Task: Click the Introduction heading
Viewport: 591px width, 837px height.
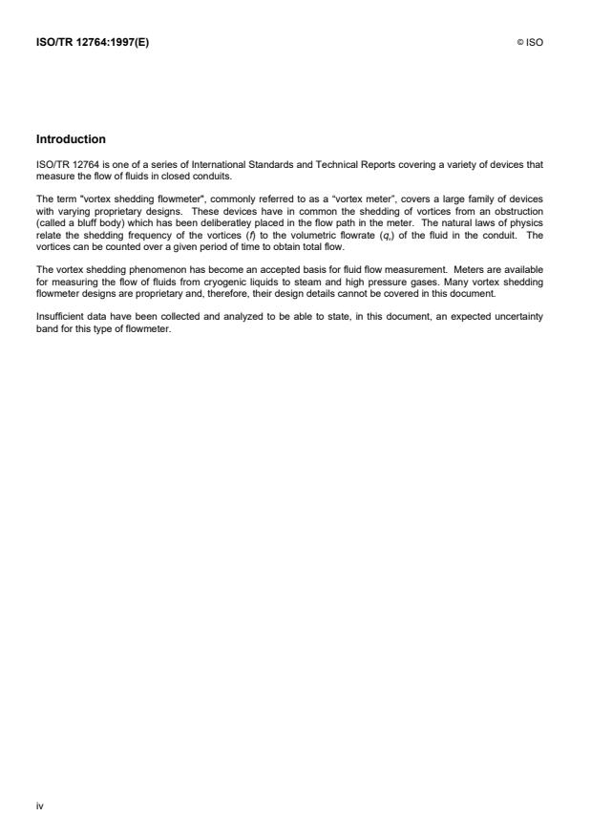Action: click(71, 139)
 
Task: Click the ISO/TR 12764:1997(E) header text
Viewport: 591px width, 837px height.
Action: click(93, 42)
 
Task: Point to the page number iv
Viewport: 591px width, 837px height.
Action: click(40, 805)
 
